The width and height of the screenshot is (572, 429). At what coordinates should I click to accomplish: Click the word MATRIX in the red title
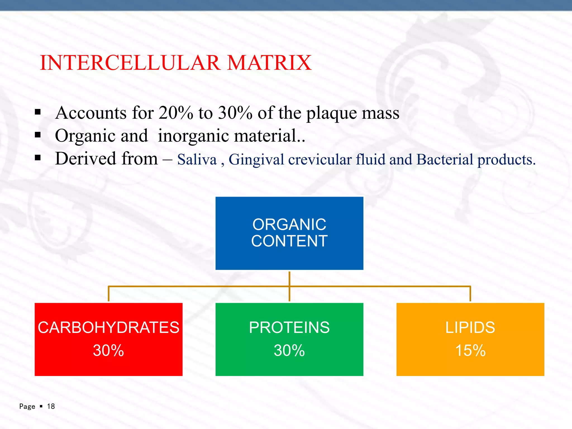coord(269,63)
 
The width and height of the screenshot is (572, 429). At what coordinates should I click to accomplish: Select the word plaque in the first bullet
coord(332,113)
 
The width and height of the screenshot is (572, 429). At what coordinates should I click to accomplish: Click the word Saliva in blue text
coord(197,159)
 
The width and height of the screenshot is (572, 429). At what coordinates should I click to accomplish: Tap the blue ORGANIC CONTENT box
coord(289,233)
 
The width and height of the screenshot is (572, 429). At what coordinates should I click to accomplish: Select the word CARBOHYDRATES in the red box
coord(108,327)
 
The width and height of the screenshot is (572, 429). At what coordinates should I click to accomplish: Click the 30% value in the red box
coord(108,350)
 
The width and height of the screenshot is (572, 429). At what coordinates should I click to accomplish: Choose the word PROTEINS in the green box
coord(289,327)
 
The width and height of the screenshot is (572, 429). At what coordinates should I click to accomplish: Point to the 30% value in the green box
coord(289,350)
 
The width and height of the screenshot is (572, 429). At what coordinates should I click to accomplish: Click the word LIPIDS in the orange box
coord(470,327)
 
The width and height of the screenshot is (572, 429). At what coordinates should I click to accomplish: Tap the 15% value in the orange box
coord(470,350)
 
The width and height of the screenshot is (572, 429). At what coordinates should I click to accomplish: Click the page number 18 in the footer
coord(51,406)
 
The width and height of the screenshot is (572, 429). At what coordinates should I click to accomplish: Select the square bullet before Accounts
coord(38,113)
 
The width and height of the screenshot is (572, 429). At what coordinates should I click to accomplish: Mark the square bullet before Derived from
coord(38,158)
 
